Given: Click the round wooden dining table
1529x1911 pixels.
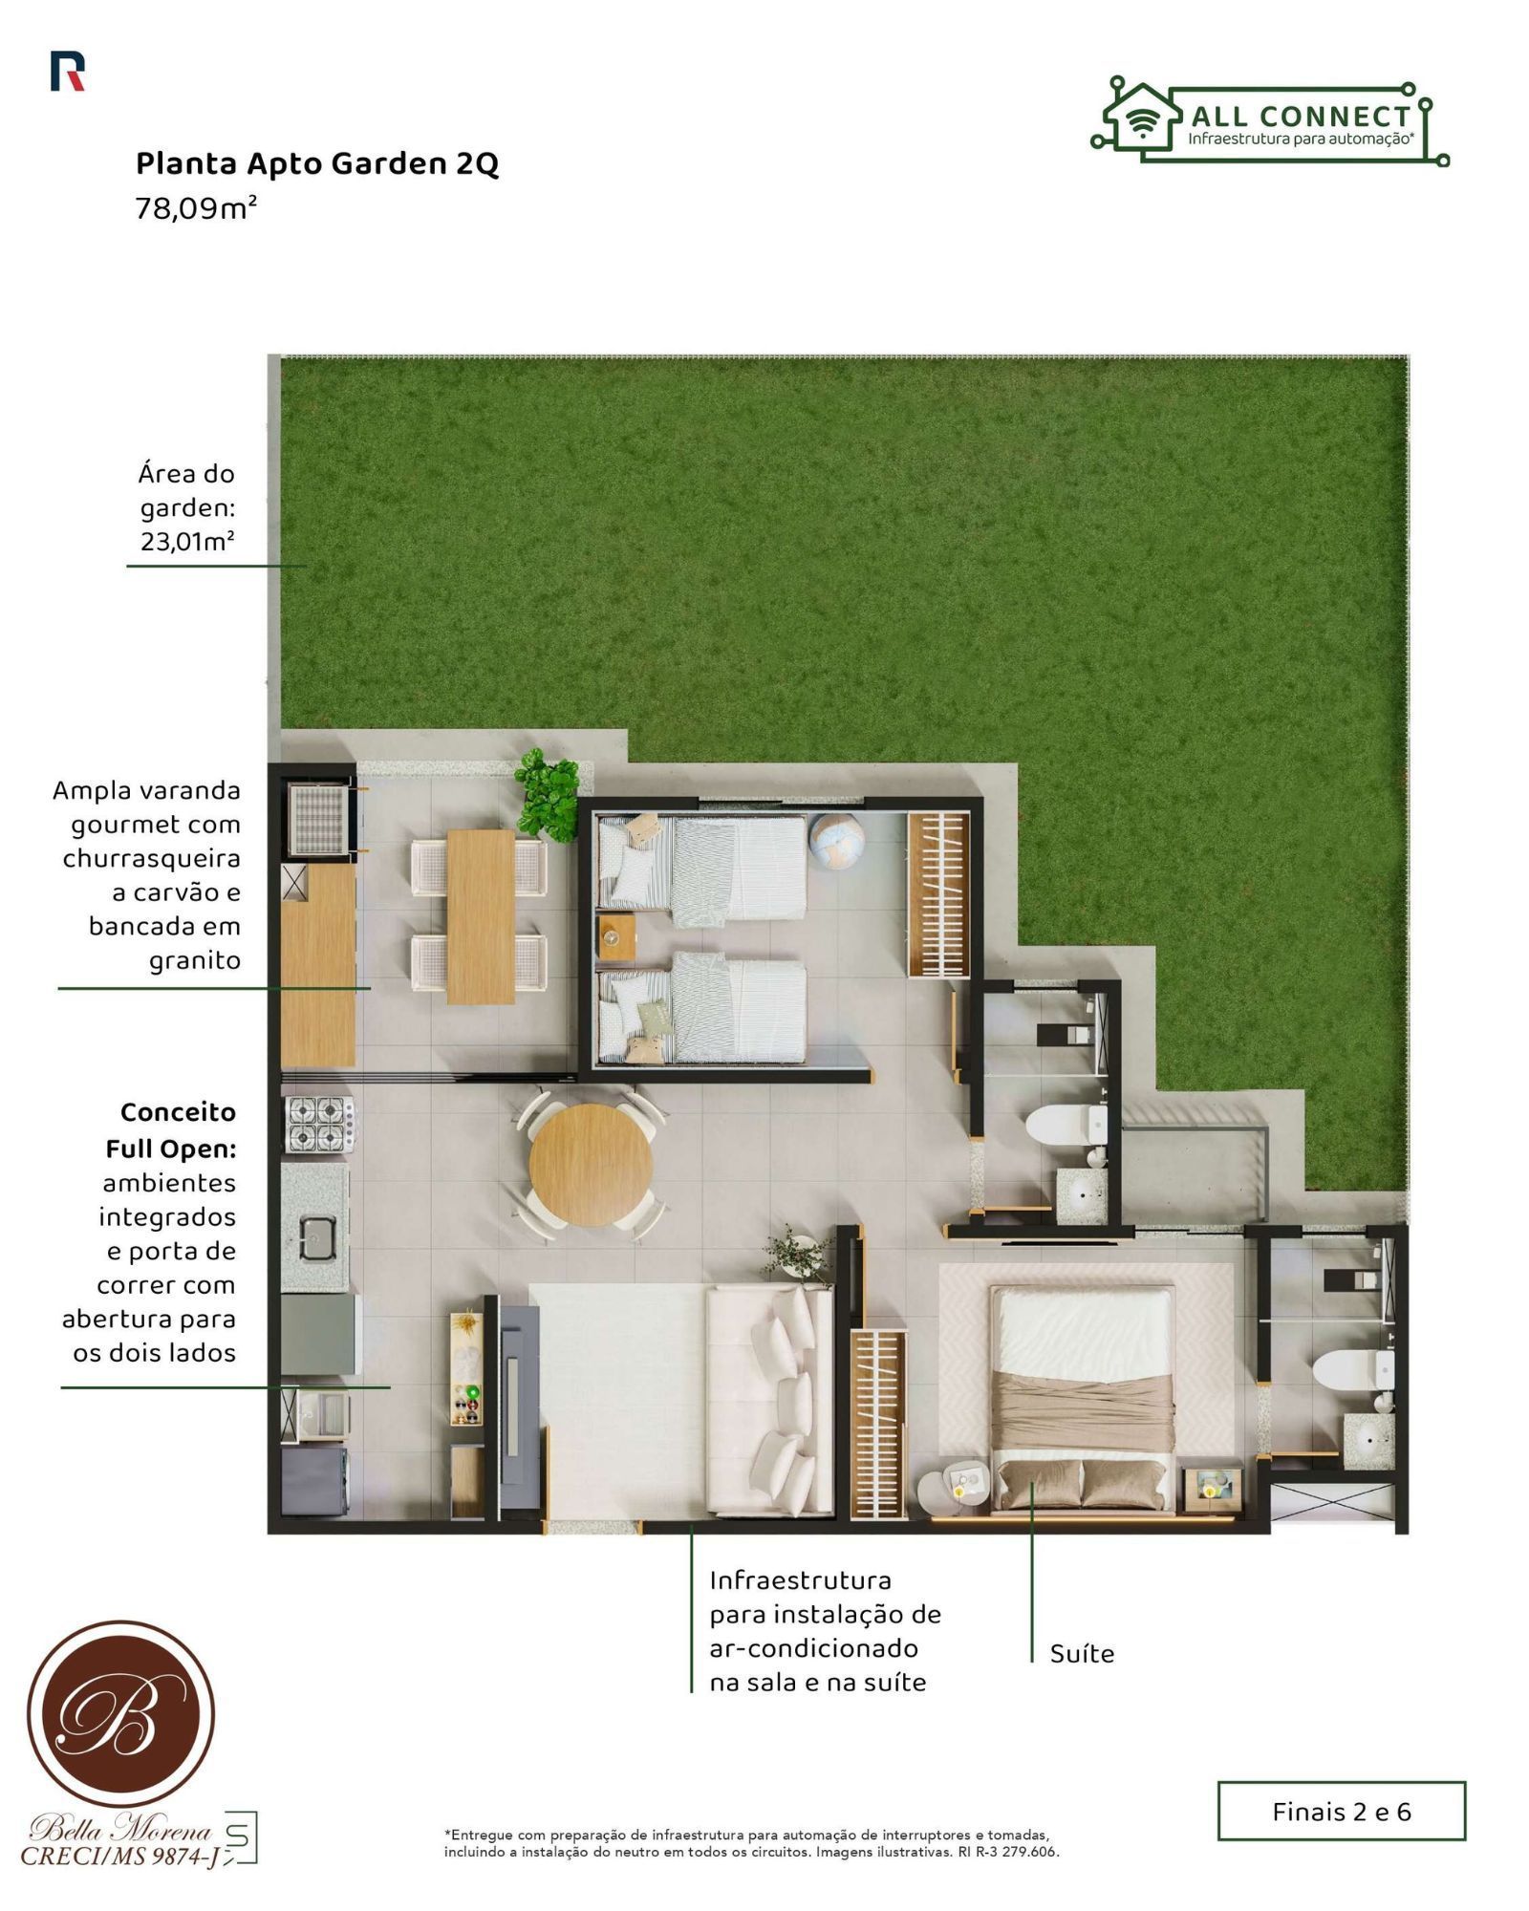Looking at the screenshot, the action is [591, 1165].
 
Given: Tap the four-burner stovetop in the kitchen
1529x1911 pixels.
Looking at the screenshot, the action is [318, 1123].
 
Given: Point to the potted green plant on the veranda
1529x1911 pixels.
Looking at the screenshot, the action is [548, 794].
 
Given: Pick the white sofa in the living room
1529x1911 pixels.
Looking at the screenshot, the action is [769, 1400].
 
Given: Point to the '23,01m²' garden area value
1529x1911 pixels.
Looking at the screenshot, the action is [188, 541].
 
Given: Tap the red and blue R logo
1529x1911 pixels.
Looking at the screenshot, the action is [67, 72].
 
